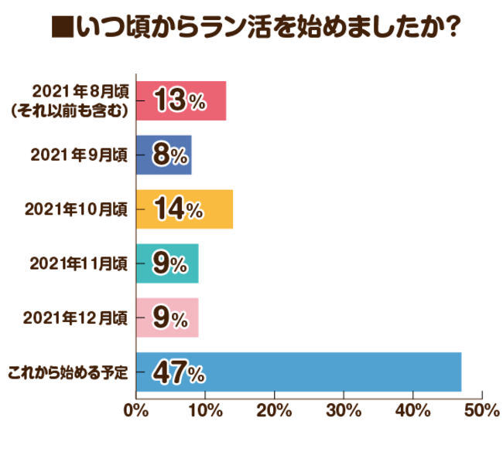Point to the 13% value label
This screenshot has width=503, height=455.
click(179, 100)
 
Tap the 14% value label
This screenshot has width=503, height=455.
click(179, 209)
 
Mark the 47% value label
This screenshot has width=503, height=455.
click(179, 372)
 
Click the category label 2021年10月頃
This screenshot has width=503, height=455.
click(76, 209)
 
